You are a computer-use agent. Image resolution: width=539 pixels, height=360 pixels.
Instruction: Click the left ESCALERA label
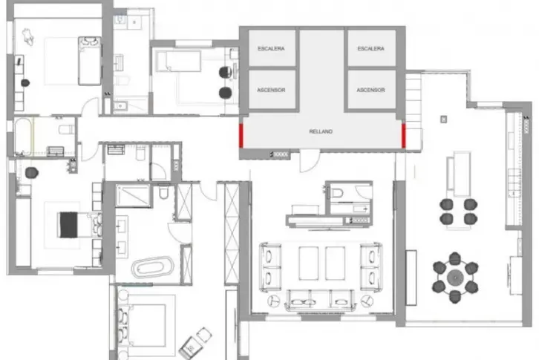pyautogui.click(x=271, y=48)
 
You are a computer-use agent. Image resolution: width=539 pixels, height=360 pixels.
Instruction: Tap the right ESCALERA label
pyautogui.click(x=371, y=48)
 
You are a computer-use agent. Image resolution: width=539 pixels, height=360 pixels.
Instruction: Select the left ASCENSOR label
pyautogui.click(x=271, y=90)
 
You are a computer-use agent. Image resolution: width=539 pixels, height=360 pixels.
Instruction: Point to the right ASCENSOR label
pyautogui.click(x=371, y=90)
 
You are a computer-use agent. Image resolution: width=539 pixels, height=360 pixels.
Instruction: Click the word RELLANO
pyautogui.click(x=321, y=131)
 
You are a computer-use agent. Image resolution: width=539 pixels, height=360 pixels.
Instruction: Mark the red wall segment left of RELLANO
pyautogui.click(x=241, y=135)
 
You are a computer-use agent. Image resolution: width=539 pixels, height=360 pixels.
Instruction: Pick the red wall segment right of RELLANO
pyautogui.click(x=404, y=136)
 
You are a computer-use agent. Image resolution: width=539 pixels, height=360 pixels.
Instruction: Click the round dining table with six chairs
pyautogui.click(x=455, y=278)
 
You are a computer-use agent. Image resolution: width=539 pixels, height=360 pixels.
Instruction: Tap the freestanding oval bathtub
pyautogui.click(x=153, y=266)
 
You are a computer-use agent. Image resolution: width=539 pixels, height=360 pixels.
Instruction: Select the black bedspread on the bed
pyautogui.click(x=69, y=225)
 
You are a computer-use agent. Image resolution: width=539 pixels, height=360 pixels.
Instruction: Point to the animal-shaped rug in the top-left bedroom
pyautogui.click(x=28, y=37)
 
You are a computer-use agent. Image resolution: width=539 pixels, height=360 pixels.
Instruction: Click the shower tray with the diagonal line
pyautogui.click(x=133, y=196)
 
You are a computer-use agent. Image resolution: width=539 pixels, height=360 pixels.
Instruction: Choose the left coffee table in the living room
pyautogui.click(x=309, y=263)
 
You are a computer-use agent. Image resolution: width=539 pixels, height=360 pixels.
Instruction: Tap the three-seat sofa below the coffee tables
pyautogui.click(x=321, y=300)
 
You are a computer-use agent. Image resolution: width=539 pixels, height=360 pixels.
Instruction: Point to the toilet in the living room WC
pyautogui.click(x=337, y=192)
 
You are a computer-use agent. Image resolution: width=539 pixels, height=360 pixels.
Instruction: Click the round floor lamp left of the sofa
pyautogui.click(x=274, y=301)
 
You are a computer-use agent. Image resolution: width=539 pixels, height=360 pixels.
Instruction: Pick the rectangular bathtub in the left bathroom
pyautogui.click(x=23, y=137)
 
